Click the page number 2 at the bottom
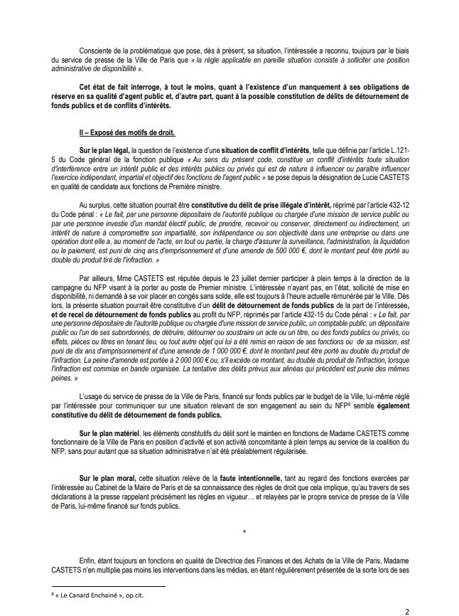click(407, 610)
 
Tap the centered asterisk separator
click(243, 531)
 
